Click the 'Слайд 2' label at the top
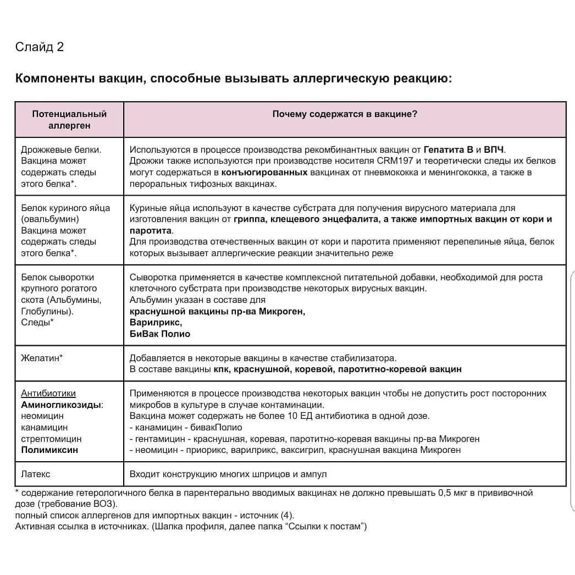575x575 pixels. (x=40, y=47)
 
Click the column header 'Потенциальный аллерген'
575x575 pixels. (x=69, y=119)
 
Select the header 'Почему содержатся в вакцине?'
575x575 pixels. (x=345, y=114)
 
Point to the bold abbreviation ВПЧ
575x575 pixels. (x=494, y=149)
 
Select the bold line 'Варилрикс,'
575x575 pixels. (x=156, y=323)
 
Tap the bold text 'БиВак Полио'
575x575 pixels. (x=160, y=334)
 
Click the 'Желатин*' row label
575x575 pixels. (x=42, y=358)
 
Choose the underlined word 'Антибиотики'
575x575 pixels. (x=48, y=394)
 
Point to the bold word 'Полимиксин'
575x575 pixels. (x=49, y=450)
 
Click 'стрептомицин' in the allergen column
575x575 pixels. (x=51, y=439)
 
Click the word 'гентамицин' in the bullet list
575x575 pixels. (x=158, y=439)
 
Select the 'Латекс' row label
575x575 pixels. (x=35, y=474)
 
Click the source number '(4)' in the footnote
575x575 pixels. (x=286, y=516)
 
